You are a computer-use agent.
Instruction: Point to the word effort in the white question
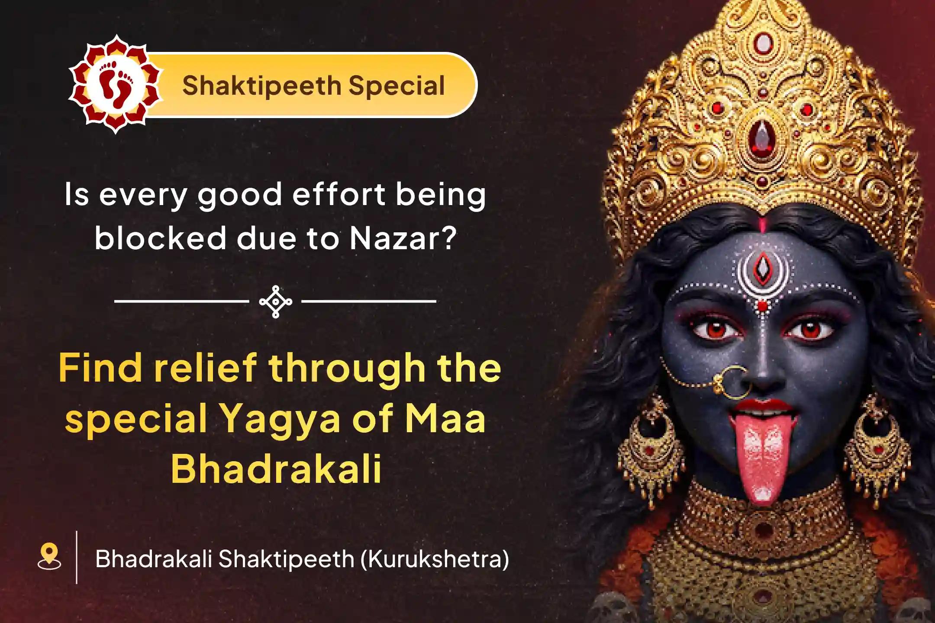pyautogui.click(x=339, y=194)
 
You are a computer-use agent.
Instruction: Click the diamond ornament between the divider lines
pyautogui.click(x=275, y=302)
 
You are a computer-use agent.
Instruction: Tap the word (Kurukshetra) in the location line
pyautogui.click(x=435, y=559)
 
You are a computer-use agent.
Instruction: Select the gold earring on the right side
pyautogui.click(x=877, y=446)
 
